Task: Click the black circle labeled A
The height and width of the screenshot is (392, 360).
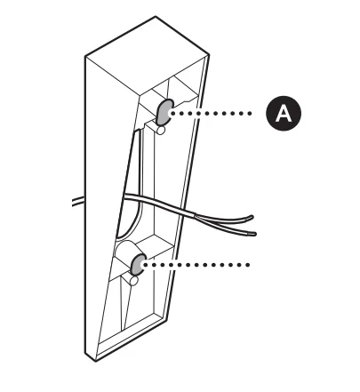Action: click(x=284, y=113)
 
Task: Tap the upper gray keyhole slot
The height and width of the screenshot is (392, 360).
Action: click(x=164, y=112)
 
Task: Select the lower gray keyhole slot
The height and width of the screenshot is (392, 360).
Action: click(x=138, y=264)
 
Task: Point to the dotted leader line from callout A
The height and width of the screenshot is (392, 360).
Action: click(x=212, y=113)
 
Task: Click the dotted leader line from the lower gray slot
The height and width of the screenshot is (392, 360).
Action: click(x=196, y=265)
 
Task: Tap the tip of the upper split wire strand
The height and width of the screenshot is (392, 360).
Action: click(x=252, y=217)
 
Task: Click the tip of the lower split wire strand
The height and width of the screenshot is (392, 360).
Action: click(x=254, y=234)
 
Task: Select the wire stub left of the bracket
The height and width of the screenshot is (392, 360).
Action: click(x=78, y=201)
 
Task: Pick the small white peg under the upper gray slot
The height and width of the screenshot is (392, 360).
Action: click(x=161, y=130)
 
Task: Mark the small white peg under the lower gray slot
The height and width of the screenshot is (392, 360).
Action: click(x=133, y=280)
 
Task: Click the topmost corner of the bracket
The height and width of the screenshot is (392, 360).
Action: click(x=156, y=16)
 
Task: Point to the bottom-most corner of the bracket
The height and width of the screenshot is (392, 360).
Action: click(x=95, y=361)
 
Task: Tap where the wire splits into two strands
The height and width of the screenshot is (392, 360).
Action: click(x=195, y=216)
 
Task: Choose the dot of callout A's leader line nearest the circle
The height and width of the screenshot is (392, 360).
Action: click(x=250, y=113)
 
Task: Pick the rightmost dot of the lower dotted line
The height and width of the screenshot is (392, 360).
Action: click(x=248, y=265)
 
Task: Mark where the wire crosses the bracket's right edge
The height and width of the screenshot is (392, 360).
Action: click(x=186, y=212)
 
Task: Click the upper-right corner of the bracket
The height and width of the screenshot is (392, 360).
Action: click(x=209, y=55)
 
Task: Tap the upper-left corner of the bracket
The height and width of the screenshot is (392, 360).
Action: click(x=85, y=56)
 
